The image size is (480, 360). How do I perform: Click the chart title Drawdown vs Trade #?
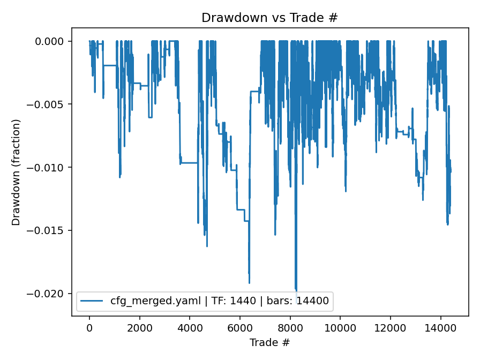[x=269, y=18]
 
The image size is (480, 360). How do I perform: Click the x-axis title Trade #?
[x=269, y=342]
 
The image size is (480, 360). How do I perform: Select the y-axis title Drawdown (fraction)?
[x=16, y=172]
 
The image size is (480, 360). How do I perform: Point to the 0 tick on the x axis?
[x=89, y=327]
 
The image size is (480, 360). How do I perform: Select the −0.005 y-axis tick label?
[x=49, y=104]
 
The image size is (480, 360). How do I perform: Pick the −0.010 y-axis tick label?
[x=49, y=168]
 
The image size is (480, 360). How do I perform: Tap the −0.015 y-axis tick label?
[x=49, y=230]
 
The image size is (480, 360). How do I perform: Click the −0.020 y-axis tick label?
[x=49, y=294]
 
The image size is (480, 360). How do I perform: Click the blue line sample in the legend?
[x=92, y=301]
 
